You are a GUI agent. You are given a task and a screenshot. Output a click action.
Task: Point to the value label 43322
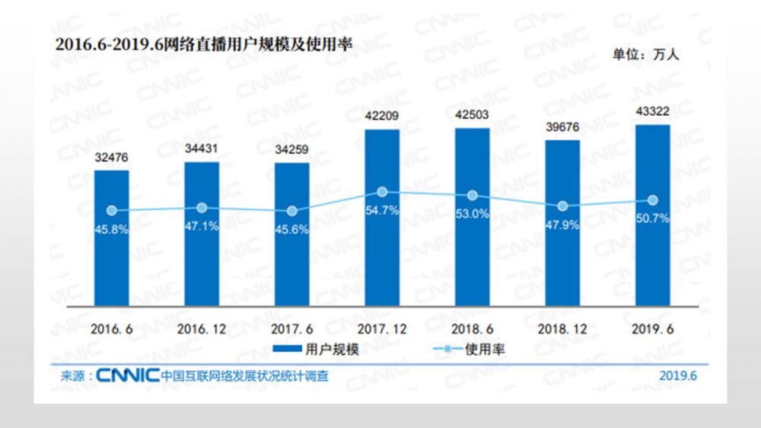652,112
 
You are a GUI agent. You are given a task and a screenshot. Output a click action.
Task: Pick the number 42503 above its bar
472,115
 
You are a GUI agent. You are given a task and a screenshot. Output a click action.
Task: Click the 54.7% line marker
382,193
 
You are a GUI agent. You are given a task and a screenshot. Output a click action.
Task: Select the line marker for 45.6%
292,211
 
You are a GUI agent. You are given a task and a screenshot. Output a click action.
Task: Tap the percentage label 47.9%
562,225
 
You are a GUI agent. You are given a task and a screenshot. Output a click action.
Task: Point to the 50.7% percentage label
652,219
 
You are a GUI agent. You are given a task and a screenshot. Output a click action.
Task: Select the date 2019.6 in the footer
678,375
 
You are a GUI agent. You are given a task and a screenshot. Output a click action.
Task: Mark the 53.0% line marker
472,196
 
